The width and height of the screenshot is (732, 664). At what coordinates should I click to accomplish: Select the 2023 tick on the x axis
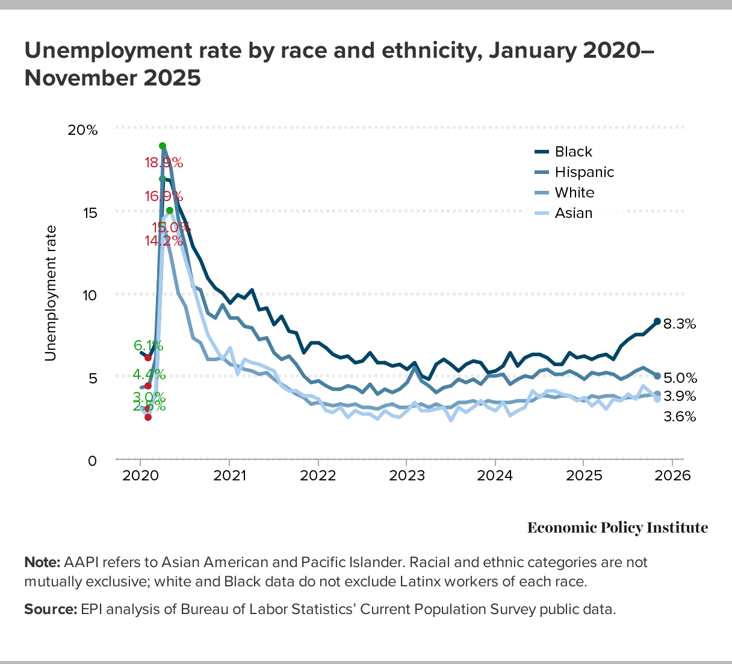coord(406,475)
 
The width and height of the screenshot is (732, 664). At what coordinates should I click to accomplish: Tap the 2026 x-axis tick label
coord(672,475)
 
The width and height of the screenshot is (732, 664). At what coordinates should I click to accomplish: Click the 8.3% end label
coord(680,324)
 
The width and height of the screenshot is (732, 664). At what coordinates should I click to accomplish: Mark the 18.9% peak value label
coord(163,163)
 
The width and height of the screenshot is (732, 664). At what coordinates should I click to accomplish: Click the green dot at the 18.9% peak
coord(163,146)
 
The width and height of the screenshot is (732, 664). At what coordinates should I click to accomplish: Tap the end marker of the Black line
coord(657,321)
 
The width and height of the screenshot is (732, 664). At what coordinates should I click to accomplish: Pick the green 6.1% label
coord(148,346)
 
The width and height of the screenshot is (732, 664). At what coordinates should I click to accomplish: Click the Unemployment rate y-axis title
coord(51,293)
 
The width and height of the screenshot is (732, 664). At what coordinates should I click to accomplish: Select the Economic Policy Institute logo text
coord(618,528)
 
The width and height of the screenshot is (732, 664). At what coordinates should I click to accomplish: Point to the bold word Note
coord(42,562)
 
